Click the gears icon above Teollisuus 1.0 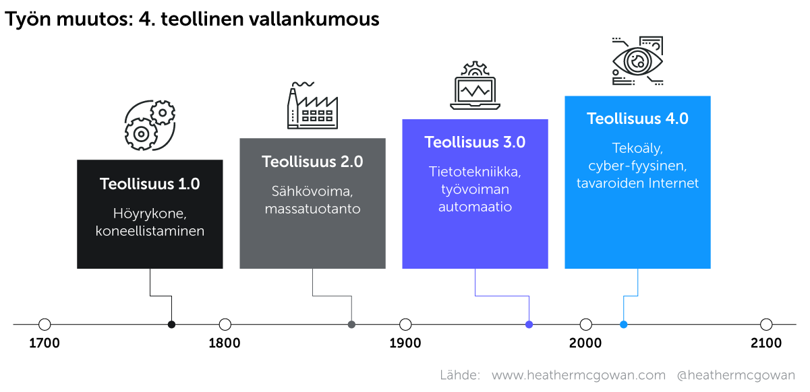[150, 125]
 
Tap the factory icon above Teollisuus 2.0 [312, 105]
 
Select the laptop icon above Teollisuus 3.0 [475, 86]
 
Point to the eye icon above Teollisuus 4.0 [637, 61]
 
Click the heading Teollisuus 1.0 [150, 184]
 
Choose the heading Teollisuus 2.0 [312, 162]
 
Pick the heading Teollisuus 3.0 [475, 142]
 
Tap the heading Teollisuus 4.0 [637, 119]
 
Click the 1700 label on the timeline [44, 343]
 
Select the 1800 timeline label [225, 343]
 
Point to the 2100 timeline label [766, 343]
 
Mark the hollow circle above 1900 [405, 325]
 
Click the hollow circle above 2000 [586, 325]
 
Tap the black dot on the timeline [172, 325]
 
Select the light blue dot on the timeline [623, 325]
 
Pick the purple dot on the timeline [529, 325]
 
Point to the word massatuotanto [312, 209]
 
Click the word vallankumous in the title [314, 19]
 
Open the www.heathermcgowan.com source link [579, 375]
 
